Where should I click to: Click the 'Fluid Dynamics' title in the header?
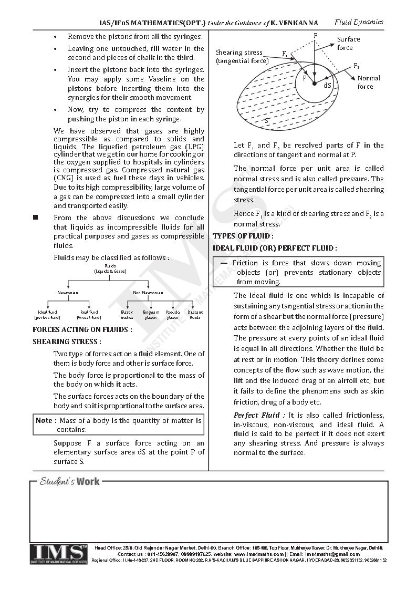coord(359,22)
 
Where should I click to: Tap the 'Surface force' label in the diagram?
coord(348,44)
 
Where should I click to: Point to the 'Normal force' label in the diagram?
coord(369,82)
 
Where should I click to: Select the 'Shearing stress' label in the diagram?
coord(242,56)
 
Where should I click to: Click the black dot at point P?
coord(314,84)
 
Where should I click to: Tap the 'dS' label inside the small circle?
coord(327,85)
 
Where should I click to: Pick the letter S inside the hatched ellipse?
coord(267,120)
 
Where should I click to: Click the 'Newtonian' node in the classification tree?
coord(68,293)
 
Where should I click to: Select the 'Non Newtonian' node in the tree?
coord(148,293)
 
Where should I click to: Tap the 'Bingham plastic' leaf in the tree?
coord(151,315)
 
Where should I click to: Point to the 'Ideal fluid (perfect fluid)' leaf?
coord(47,315)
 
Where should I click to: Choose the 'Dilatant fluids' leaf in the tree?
coord(195,315)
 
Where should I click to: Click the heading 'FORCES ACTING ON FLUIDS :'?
coord(82,329)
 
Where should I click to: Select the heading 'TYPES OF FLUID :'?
coord(243,236)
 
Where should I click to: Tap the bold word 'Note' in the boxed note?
coord(44,420)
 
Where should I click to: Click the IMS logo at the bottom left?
coord(59,554)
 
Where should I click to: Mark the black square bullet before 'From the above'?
coord(36,217)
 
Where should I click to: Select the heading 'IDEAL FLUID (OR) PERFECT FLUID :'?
coord(275,247)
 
